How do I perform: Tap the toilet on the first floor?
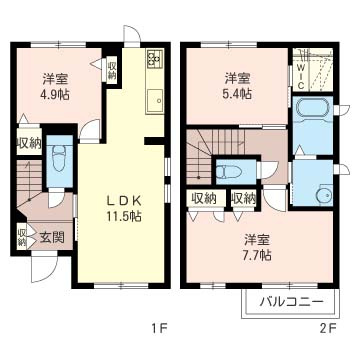click(57, 158)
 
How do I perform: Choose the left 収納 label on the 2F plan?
click(204, 198)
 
